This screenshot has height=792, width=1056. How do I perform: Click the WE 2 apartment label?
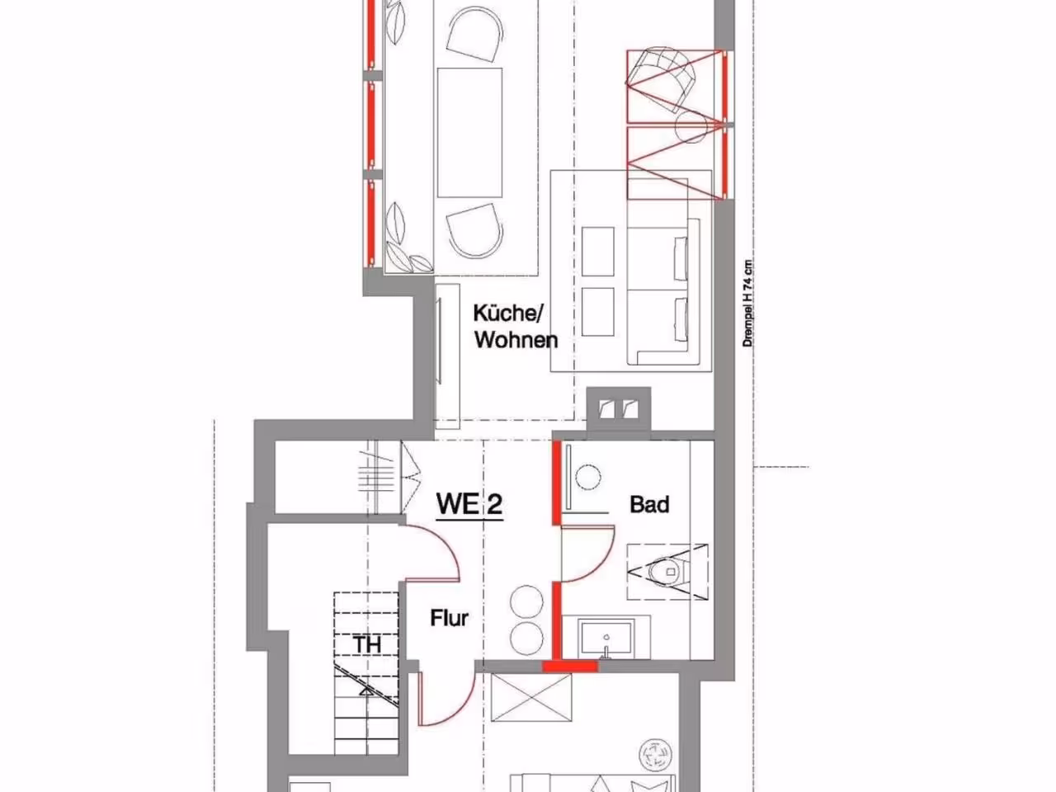click(469, 504)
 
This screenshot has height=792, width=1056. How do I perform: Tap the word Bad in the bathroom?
click(649, 504)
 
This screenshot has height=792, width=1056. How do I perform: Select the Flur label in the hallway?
click(449, 618)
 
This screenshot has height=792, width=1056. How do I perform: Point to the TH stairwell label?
click(368, 645)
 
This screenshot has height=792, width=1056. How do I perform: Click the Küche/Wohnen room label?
click(516, 327)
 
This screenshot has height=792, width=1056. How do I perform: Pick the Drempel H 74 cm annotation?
click(747, 304)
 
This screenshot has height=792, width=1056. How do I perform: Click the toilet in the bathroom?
click(667, 572)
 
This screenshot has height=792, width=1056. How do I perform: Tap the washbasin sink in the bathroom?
click(606, 638)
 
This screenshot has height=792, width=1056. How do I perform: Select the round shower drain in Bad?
click(588, 477)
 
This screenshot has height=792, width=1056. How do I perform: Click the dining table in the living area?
click(469, 132)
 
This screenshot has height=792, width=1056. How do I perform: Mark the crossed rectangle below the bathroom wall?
click(531, 697)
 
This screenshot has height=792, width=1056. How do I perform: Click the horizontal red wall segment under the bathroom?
click(570, 667)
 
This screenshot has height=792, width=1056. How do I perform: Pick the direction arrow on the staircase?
click(366, 691)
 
